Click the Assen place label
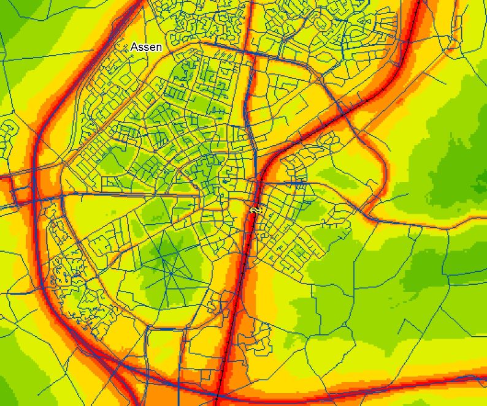(146, 47)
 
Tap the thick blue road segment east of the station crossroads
(294, 183)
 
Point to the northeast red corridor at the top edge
(418, 5)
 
